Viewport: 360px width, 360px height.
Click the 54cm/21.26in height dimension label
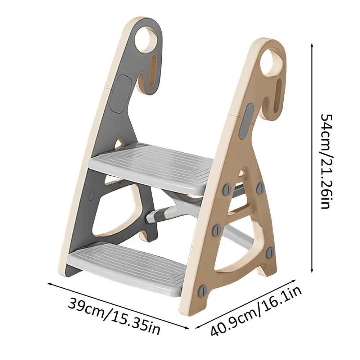point(326,161)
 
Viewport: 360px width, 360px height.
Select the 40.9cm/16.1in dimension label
point(256,311)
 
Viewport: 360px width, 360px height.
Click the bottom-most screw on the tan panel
point(203,291)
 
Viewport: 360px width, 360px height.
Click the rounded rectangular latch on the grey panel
point(120,94)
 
